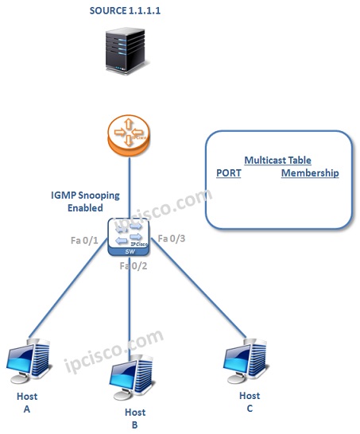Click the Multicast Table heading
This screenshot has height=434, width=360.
pos(277,160)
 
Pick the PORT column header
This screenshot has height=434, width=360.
pos(228,173)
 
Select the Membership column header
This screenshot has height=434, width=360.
pos(309,173)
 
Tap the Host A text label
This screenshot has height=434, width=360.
pos(26,401)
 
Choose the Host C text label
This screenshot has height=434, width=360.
pos(250,401)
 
